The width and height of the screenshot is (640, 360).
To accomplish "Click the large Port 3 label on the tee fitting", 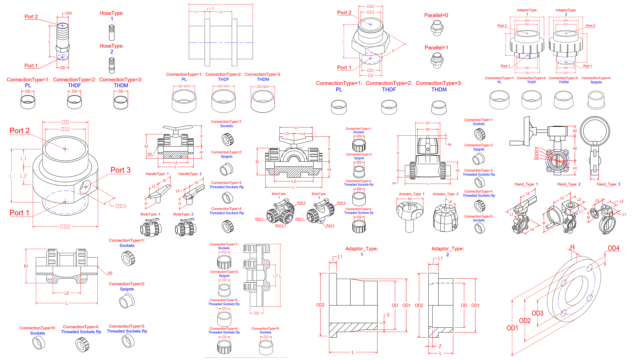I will coord(120,170).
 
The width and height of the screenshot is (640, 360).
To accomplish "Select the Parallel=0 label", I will coord(436,15).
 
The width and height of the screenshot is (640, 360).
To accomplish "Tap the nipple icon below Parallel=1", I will coord(437,60).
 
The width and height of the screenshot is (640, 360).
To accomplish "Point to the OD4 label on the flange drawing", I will coord(613,248).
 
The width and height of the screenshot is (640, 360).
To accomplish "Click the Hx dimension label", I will coord(449,144).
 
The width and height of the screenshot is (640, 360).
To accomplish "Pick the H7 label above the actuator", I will coord(450,202).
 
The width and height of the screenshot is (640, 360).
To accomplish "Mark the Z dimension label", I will coord(440,346).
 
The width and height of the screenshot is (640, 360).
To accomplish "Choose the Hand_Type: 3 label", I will coord(608,184).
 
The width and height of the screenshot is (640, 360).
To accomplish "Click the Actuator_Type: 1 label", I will coord(412,194).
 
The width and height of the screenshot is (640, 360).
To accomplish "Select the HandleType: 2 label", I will coord(190,174).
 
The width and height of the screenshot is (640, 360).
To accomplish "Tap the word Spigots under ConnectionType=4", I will coord(596,82).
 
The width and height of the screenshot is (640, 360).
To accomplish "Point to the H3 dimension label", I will coord(575,131).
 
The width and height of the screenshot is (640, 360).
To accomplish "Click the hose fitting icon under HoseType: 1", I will coord(112,33).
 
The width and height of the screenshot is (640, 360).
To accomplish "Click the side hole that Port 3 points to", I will coord(85,187).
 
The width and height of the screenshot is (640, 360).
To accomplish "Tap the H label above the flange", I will coord(572,247).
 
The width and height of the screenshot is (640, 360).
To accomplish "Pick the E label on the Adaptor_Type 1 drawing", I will coord(388,315).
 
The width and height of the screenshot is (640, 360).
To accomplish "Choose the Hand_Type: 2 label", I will coord(569,184).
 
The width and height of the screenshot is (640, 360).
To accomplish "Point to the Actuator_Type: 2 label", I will coord(445,194).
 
